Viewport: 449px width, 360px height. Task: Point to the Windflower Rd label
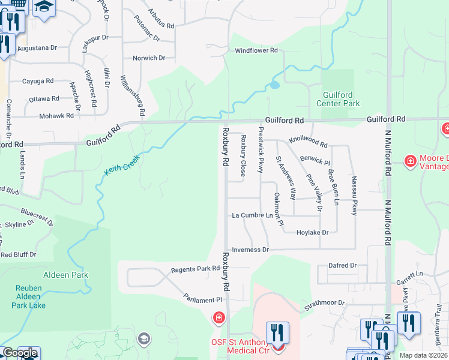click(x=256, y=51)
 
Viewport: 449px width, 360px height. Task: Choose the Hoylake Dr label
click(x=312, y=232)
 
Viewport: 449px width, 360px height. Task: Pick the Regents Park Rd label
click(x=196, y=269)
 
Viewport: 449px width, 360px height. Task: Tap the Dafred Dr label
click(x=342, y=265)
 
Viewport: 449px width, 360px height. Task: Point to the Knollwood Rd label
click(x=308, y=141)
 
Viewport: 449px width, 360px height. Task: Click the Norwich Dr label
click(x=149, y=58)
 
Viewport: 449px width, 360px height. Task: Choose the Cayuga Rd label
click(x=38, y=81)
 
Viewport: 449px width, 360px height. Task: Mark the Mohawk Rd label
click(x=55, y=116)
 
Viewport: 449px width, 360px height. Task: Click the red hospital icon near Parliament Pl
click(x=219, y=317)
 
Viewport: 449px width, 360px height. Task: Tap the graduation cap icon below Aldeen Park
click(x=143, y=340)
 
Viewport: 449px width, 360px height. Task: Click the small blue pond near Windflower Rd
click(x=274, y=85)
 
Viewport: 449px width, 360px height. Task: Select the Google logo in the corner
click(x=19, y=353)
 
